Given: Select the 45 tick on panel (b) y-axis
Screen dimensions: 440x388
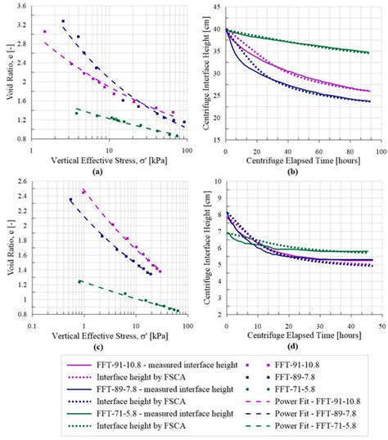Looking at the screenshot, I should pos(216,7).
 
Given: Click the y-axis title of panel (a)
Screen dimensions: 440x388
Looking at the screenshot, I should pos(7,74).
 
